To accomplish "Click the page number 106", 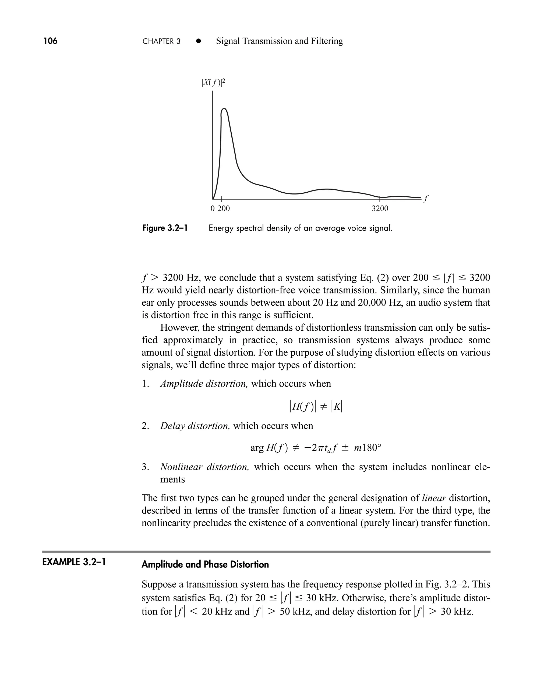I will click(x=51, y=41).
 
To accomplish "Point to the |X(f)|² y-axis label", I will click(x=213, y=83).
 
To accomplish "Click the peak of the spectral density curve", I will click(x=224, y=109).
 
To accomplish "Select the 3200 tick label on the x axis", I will click(x=380, y=209).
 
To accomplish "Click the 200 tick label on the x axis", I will click(x=224, y=209).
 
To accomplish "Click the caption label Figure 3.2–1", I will click(x=165, y=228).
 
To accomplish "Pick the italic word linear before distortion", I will click(x=434, y=498).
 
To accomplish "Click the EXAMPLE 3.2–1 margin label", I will click(x=74, y=562).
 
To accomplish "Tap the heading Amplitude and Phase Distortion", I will click(x=205, y=564).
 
